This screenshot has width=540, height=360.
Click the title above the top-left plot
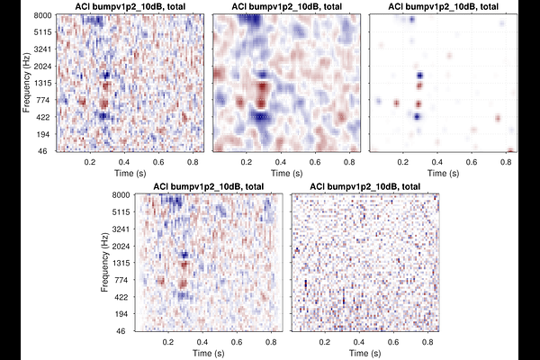[x=129, y=7]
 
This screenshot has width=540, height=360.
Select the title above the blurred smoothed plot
[x=286, y=7]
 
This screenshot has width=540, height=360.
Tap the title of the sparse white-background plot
[x=445, y=7]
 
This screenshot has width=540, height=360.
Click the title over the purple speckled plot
[x=364, y=185]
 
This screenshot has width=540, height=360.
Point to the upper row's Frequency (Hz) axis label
[x=26, y=84]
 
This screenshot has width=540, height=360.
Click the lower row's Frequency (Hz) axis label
[x=106, y=262]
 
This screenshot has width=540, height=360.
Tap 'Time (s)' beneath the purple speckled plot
[x=364, y=353]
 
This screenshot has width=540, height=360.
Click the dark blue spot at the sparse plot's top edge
[x=412, y=19]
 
